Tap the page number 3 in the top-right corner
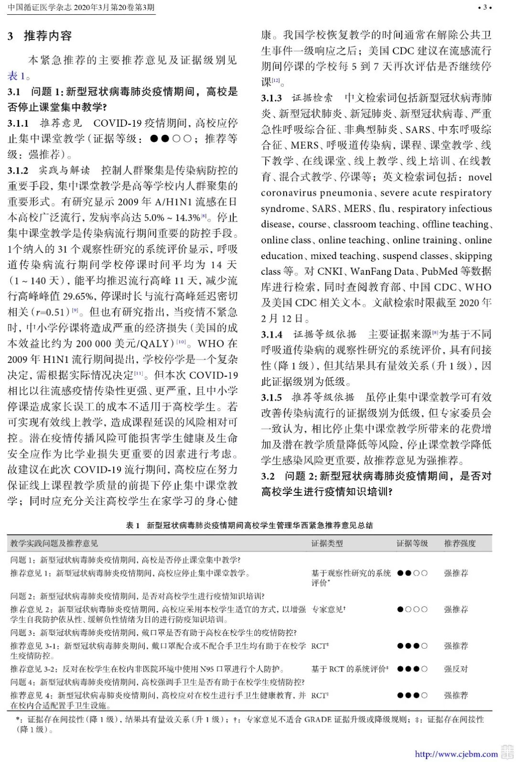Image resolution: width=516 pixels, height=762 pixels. point(485,7)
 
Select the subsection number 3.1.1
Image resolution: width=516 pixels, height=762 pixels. point(18,123)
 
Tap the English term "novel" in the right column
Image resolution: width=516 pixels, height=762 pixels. point(480,177)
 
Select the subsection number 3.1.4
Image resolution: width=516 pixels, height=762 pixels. point(271,335)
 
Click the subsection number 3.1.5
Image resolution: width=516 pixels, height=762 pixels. point(271,398)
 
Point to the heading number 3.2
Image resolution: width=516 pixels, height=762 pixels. point(268,476)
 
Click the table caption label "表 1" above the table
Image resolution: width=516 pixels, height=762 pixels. point(132,525)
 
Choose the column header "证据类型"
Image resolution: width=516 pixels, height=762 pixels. point(327,544)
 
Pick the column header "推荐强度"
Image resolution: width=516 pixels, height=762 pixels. point(460,544)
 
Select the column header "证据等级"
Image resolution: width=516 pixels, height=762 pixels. point(412,544)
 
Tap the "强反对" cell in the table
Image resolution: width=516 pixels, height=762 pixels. point(456,669)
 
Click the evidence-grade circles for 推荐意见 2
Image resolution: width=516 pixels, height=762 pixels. point(412,610)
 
